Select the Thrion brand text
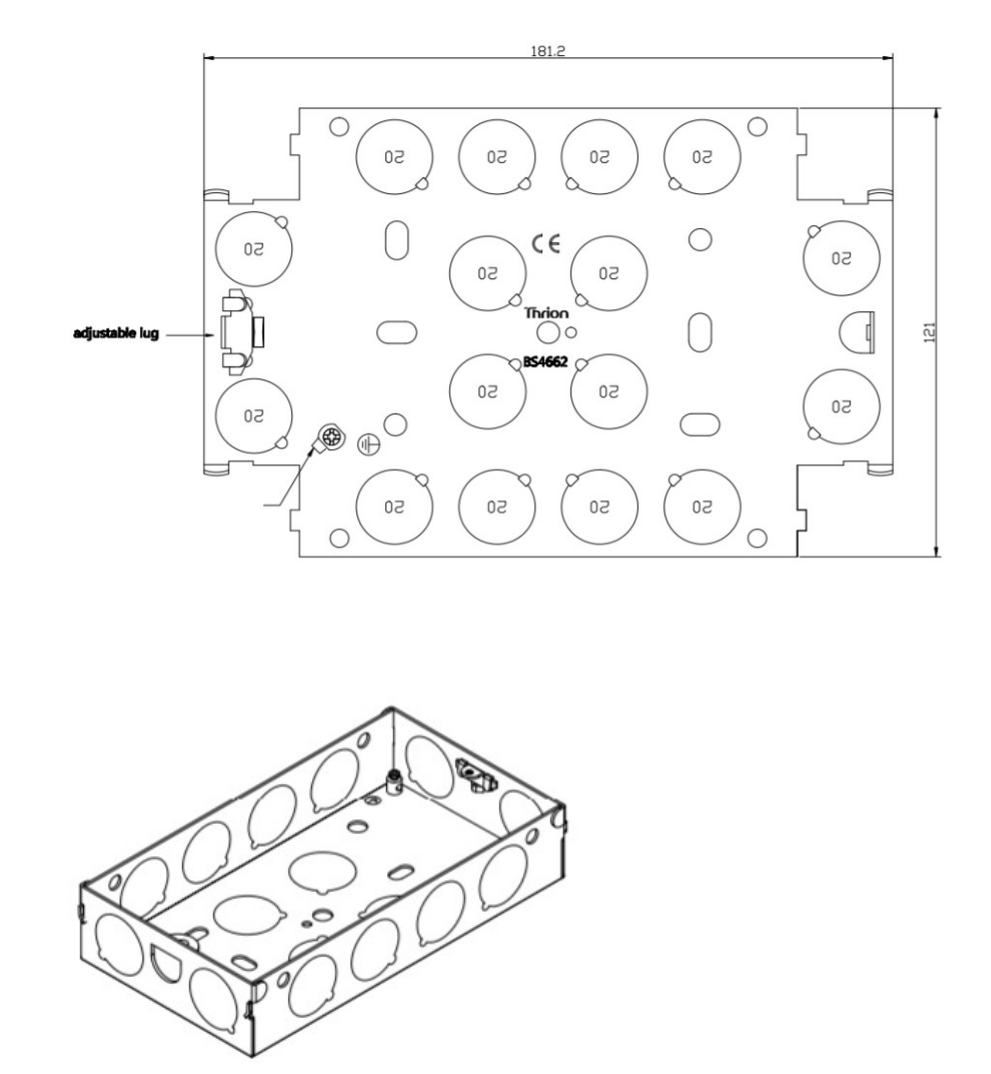click(547, 313)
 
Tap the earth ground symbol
click(368, 441)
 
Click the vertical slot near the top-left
click(396, 239)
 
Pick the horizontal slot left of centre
click(396, 330)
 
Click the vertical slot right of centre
click(699, 331)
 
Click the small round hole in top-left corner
click(339, 127)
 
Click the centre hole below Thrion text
click(547, 333)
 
